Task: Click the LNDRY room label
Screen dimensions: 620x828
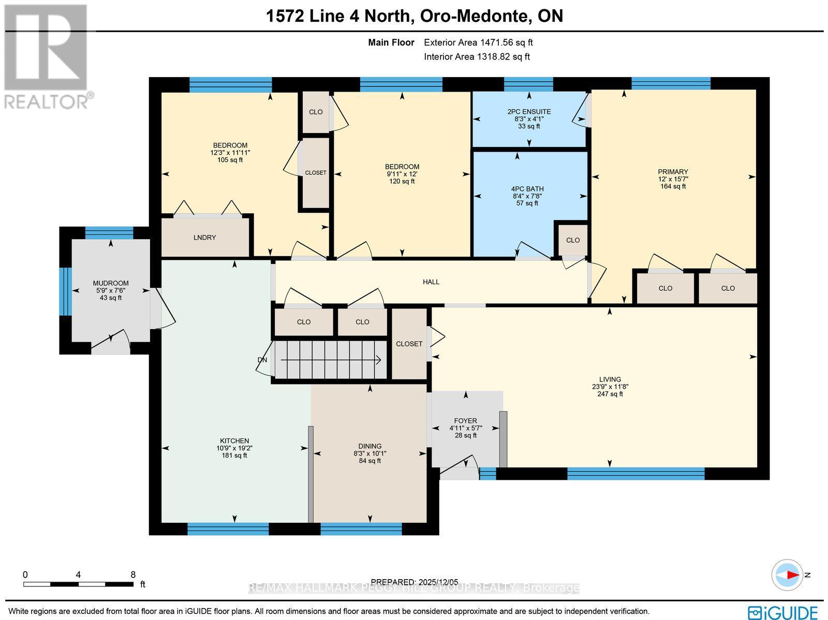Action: [x=204, y=238]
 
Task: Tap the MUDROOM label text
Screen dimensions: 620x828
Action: [x=111, y=283]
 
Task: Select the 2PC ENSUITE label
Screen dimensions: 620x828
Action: [x=529, y=112]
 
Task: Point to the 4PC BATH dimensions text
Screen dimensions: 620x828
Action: [x=527, y=196]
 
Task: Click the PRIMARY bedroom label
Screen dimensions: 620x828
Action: [x=673, y=172]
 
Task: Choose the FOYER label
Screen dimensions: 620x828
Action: [x=465, y=421]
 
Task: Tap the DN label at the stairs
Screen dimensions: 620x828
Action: [x=262, y=360]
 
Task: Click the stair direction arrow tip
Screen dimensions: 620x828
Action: [x=380, y=360]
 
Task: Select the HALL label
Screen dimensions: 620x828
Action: [x=431, y=282]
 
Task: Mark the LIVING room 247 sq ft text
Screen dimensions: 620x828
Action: [x=610, y=394]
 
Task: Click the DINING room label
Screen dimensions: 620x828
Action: [x=369, y=446]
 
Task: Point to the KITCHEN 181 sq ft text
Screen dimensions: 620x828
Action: [x=234, y=455]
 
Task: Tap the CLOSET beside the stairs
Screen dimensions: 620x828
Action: [x=409, y=344]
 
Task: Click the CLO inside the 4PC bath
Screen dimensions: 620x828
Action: [x=572, y=240]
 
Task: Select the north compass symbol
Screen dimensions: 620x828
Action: [x=787, y=575]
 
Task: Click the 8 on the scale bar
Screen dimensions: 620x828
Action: [x=133, y=574]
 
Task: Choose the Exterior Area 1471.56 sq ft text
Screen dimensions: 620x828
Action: [x=478, y=43]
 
